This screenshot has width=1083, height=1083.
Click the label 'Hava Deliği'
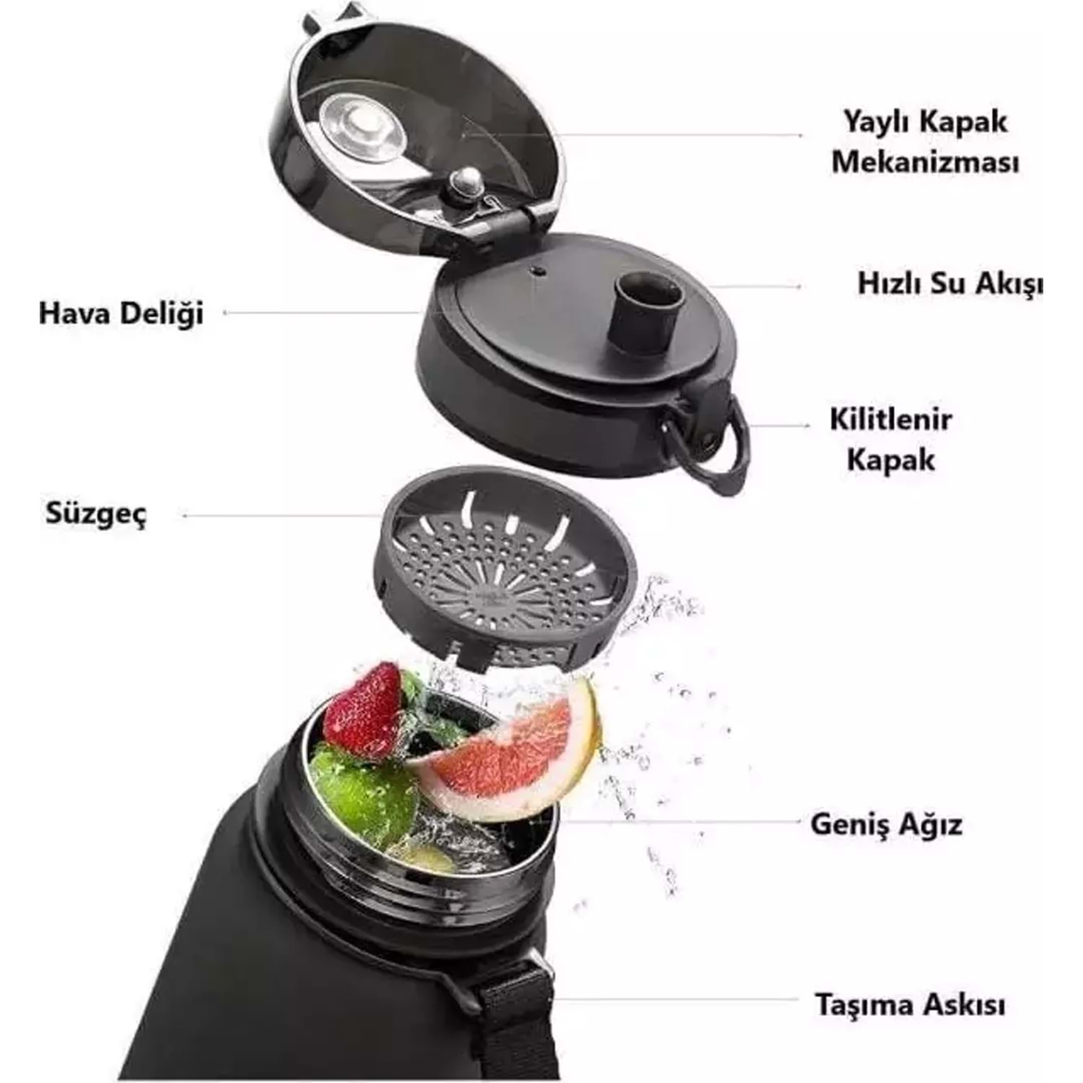tap(121, 314)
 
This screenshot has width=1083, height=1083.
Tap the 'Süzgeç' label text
tap(96, 515)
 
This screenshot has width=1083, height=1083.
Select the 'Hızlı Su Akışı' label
tap(950, 284)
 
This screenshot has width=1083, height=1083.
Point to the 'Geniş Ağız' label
tap(886, 824)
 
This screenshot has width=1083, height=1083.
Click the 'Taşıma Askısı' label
tap(910, 1004)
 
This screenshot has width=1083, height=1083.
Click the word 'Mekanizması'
tap(926, 162)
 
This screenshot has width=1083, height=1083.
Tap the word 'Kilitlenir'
tap(890, 419)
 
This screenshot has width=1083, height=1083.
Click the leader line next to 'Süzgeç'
tap(282, 516)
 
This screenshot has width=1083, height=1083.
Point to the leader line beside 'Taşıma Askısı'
tap(678, 1001)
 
